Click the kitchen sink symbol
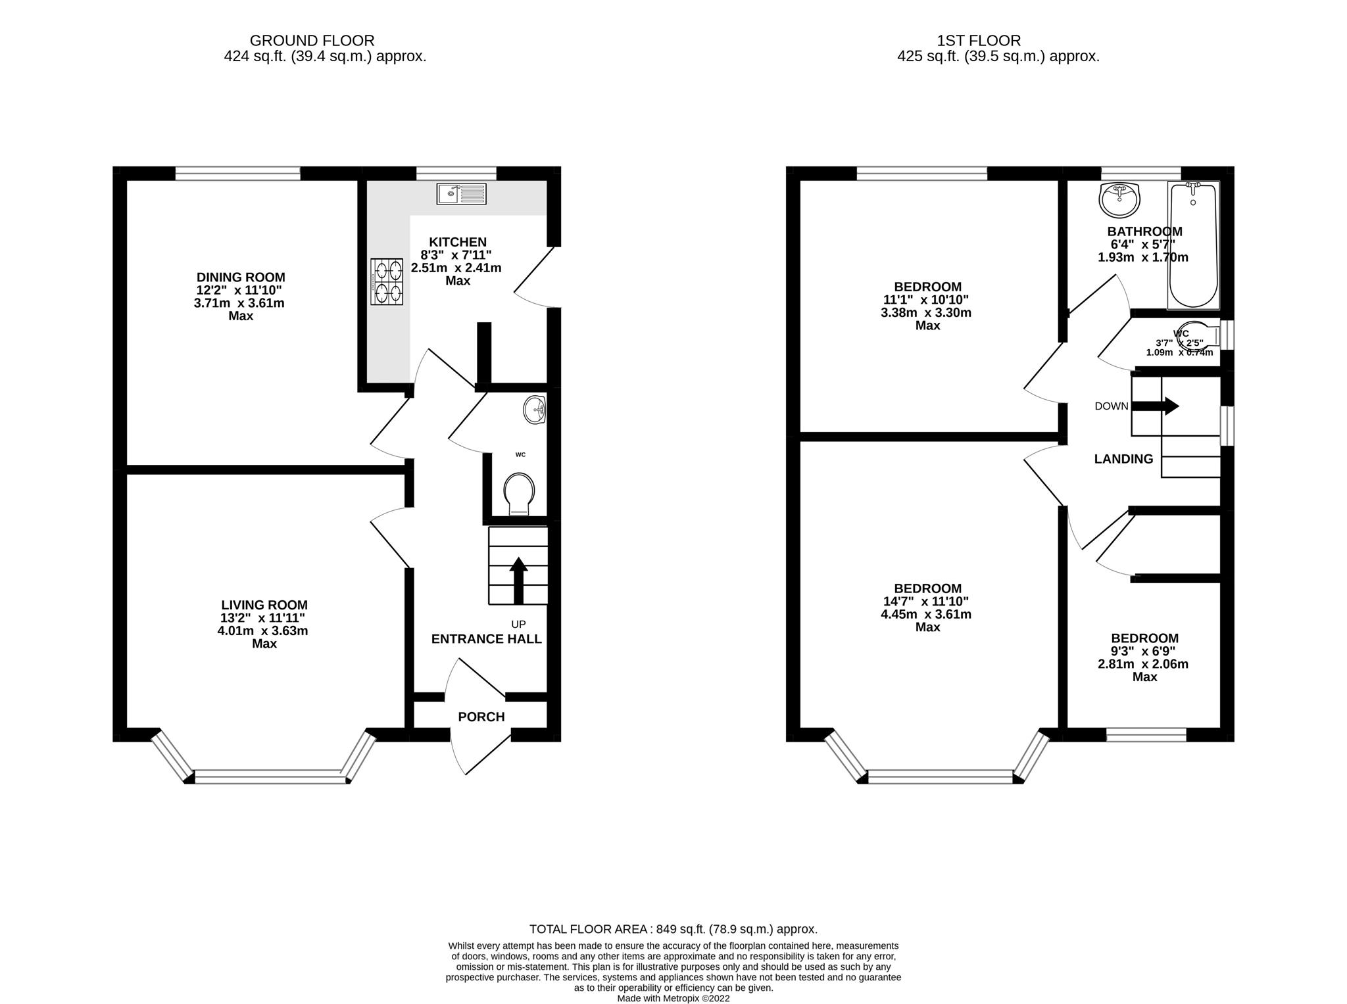pyautogui.click(x=461, y=194)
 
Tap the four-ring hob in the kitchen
pyautogui.click(x=387, y=281)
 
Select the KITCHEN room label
pyautogui.click(x=457, y=243)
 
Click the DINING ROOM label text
pyautogui.click(x=241, y=277)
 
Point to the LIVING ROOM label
pyautogui.click(x=264, y=605)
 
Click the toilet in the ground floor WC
pyautogui.click(x=519, y=494)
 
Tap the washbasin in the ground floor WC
pyautogui.click(x=535, y=411)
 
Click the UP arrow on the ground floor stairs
pyautogui.click(x=519, y=579)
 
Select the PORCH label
pyautogui.click(x=481, y=717)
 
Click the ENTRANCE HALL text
pyautogui.click(x=486, y=639)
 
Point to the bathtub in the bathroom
pyautogui.click(x=1193, y=247)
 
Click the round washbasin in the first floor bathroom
pyautogui.click(x=1119, y=199)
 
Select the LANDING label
pyautogui.click(x=1123, y=460)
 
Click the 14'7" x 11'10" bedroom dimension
pyautogui.click(x=927, y=602)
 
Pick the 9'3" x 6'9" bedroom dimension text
pyautogui.click(x=1144, y=651)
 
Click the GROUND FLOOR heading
pyautogui.click(x=312, y=41)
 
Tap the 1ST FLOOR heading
pyautogui.click(x=979, y=41)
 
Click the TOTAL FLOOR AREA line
pyautogui.click(x=673, y=929)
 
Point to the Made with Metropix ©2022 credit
pyautogui.click(x=673, y=998)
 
